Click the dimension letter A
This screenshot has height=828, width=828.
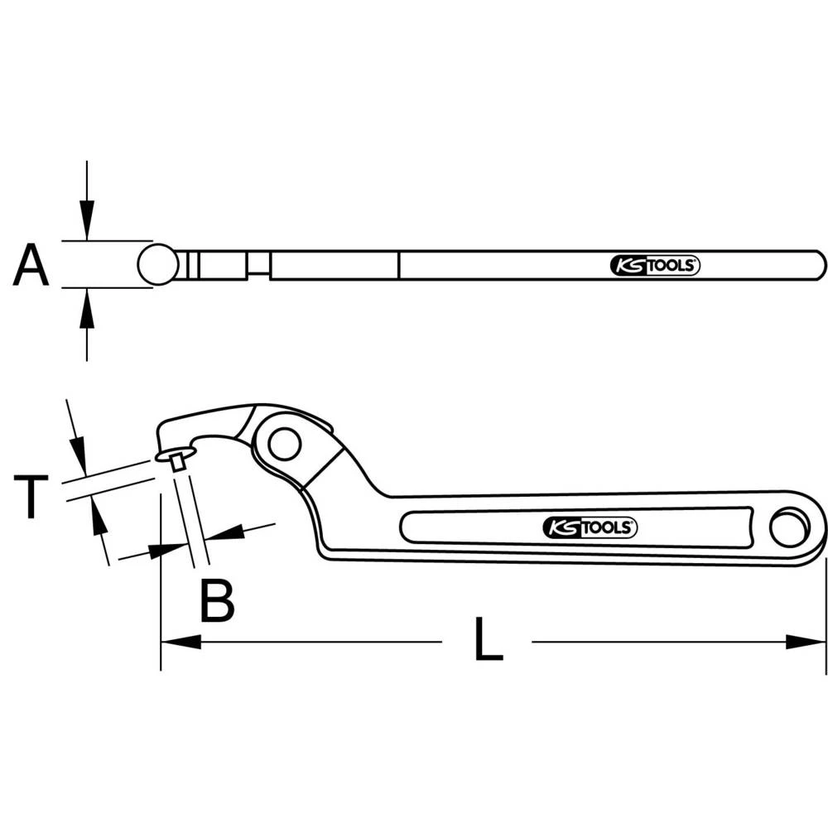[31, 265]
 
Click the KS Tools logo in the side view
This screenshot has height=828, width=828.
[655, 265]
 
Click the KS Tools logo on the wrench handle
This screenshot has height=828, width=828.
[590, 527]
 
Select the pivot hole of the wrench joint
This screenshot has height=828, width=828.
[284, 444]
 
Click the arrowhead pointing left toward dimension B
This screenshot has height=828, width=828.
[224, 532]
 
